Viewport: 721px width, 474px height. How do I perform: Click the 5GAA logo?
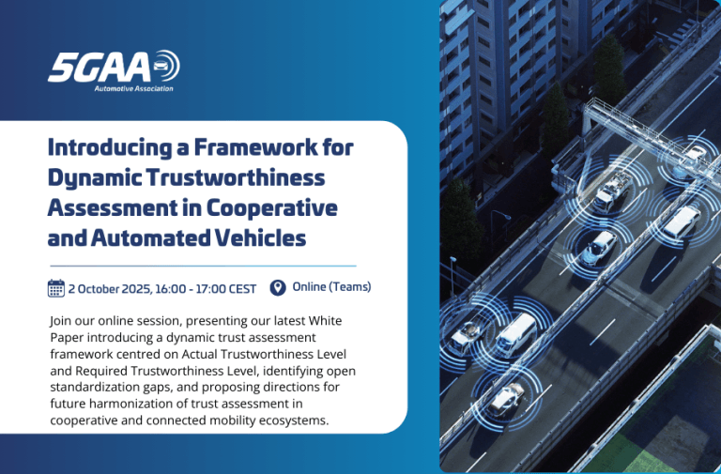coord(113,67)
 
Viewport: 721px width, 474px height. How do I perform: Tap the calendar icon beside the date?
coord(56,288)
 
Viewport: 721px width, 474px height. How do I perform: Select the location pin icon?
coord(277,287)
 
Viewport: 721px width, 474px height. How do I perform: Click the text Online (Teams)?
coord(331,287)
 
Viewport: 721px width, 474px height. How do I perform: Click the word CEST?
coord(240,288)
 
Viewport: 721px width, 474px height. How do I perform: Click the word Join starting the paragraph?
coord(61,320)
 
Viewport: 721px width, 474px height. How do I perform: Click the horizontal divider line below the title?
coord(203,266)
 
